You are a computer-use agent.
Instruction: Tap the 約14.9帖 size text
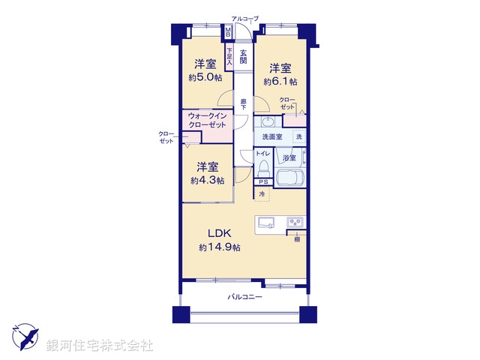pos(220,247)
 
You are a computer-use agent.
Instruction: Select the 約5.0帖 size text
pos(205,77)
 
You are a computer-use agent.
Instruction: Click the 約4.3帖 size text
pos(206,180)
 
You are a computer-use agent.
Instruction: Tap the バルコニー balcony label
pos(245,298)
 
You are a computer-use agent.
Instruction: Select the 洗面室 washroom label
pos(272,137)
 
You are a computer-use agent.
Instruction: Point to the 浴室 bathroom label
pos(289,158)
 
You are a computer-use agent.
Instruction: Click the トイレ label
pos(262,153)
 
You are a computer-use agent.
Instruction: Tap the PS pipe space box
pos(262,182)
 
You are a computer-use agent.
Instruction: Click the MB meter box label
pos(229,32)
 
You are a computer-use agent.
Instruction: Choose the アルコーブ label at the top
pos(244,18)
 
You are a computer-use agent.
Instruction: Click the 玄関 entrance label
pos(244,55)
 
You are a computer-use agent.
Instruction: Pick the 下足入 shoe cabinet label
pos(229,57)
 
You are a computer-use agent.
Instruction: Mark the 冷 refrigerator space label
pos(262,195)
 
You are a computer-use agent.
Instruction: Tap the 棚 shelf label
pos(297,238)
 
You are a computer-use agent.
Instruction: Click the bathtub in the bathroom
pos(289,179)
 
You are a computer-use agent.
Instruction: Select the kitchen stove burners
pos(295,222)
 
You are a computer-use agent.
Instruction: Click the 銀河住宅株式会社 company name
pos(100,346)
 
